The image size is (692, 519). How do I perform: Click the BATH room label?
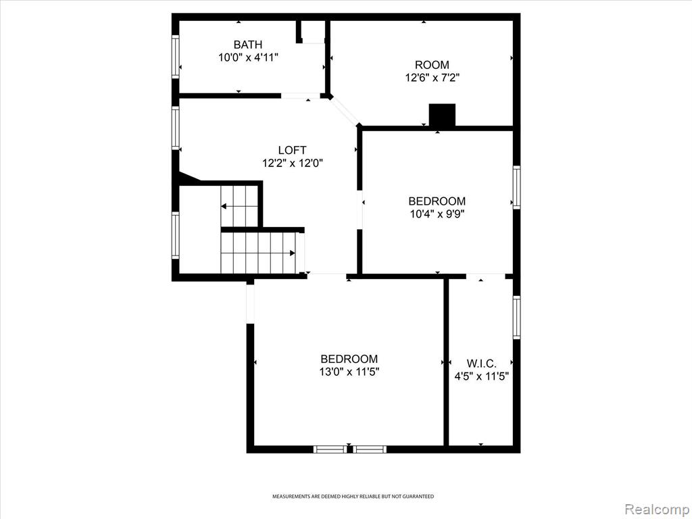247,45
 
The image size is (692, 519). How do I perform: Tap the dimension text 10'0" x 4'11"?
248,57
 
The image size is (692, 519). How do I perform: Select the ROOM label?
432,65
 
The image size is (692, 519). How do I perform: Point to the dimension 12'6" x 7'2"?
432,78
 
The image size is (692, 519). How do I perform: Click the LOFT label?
292,150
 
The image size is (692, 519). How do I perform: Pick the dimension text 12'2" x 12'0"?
293,164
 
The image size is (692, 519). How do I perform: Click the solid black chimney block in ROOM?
442,115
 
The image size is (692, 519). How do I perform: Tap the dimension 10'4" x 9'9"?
437,214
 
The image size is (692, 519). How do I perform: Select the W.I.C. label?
481,364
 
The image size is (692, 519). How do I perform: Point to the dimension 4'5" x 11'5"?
481,376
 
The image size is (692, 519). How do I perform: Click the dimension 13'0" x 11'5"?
349,372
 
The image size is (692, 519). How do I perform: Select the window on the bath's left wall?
176,57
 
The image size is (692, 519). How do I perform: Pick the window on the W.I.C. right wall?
516,318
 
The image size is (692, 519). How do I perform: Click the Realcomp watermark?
657,509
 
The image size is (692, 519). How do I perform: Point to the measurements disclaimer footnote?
353,497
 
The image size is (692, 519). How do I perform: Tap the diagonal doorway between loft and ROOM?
345,111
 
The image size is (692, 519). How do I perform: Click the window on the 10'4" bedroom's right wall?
516,187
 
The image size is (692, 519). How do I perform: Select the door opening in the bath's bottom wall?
301,95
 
